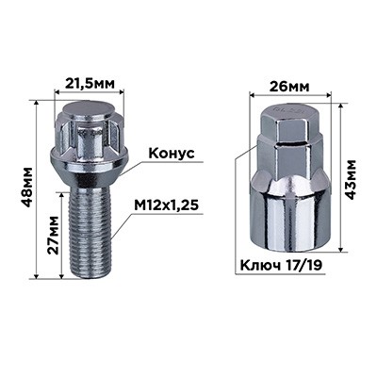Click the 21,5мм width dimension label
89,83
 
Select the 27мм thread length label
53,235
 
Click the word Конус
172,154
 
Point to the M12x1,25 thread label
166,205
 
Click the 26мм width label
289,87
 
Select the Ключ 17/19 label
281,266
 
